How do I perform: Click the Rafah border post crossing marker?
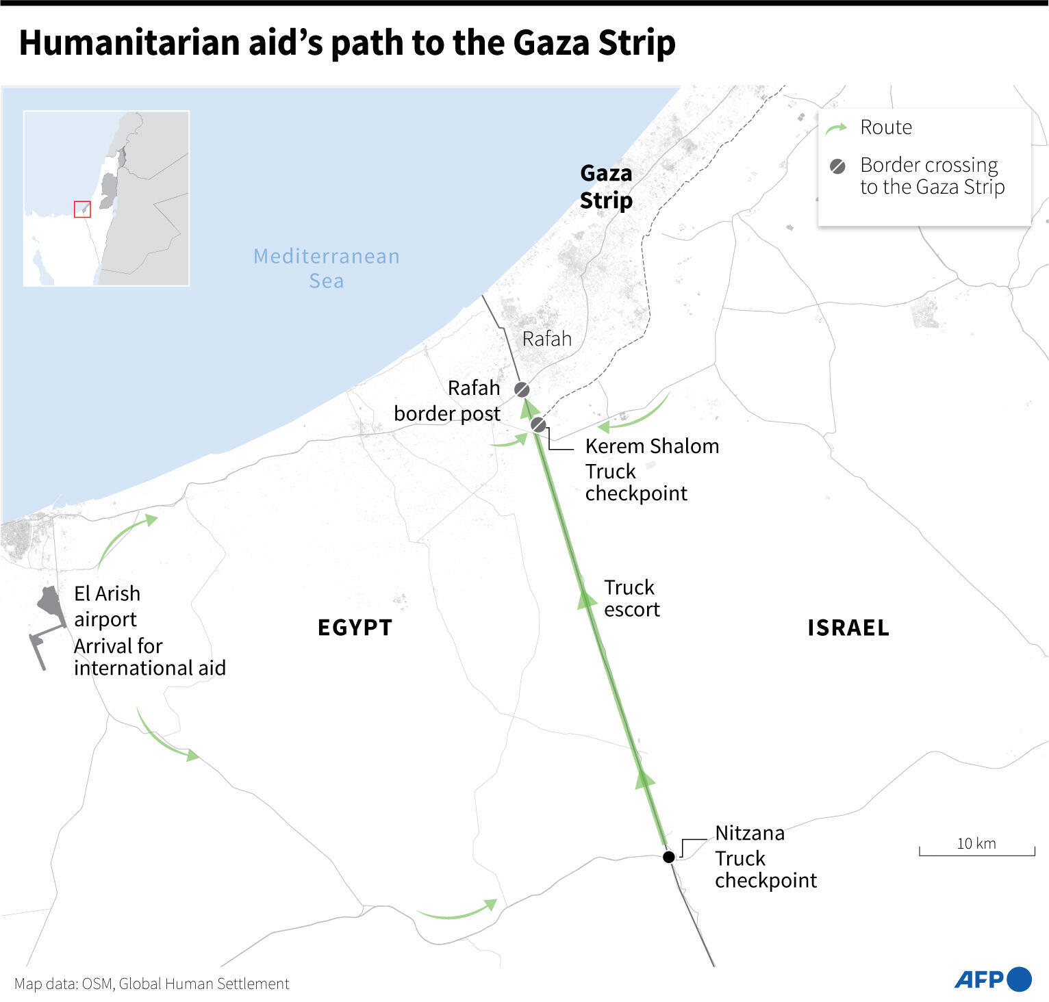pos(522,390)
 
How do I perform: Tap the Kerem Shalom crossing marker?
pos(539,425)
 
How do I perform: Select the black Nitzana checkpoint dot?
pos(669,857)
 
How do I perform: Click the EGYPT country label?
pos(355,628)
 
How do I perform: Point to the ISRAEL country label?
pos(848,628)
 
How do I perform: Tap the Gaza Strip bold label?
pos(606,187)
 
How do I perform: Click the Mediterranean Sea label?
pos(327,268)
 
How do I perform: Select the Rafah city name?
pos(546,339)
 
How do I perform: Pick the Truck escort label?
pos(631,598)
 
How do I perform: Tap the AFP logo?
pos(993,979)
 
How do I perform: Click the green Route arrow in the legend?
pos(837,129)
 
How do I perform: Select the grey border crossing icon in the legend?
pos(837,166)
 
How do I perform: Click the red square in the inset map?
pos(82,209)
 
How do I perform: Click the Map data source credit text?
pos(152,984)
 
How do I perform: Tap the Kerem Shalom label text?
pos(652,446)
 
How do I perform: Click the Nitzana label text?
pos(750,833)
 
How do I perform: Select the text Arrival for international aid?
pos(149,657)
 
